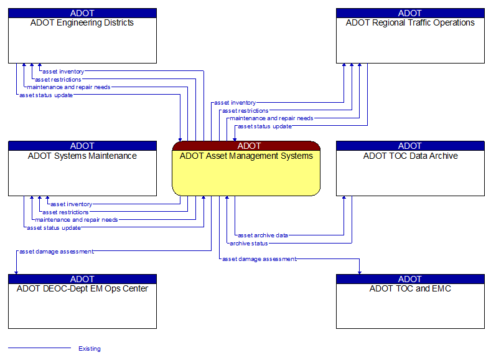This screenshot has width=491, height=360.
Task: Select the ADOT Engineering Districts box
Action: point(82,40)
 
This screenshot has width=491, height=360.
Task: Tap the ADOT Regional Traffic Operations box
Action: point(410,40)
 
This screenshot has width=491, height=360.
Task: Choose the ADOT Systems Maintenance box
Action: point(82,173)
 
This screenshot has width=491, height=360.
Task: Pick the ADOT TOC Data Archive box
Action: point(410,173)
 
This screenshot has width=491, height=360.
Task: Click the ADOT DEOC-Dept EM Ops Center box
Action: point(82,306)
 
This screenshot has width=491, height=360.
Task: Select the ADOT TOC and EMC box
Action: point(410,306)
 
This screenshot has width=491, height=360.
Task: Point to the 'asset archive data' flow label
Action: point(263,235)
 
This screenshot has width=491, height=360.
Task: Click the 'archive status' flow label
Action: point(248,244)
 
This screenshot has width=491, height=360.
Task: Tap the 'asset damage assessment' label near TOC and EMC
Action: point(260,259)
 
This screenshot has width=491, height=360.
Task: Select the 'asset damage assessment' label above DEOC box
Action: point(57,252)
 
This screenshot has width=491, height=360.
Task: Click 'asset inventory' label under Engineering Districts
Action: point(63,72)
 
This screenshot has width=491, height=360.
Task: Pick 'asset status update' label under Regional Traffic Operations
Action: point(264,126)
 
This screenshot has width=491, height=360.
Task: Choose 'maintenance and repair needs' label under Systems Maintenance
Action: point(77,220)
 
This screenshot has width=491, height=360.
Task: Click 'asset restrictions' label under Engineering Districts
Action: point(58,80)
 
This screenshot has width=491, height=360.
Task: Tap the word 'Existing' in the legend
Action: point(90,349)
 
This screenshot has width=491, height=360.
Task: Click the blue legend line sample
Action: point(39,348)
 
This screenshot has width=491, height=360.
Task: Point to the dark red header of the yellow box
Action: point(246,146)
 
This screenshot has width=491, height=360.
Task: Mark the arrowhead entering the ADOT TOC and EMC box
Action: point(359,272)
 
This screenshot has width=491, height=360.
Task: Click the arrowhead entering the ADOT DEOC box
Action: point(16,272)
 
